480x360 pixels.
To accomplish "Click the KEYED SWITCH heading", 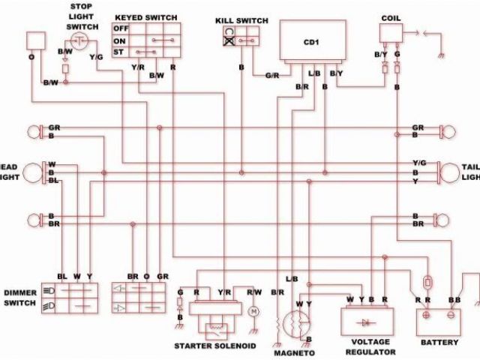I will click(145, 16).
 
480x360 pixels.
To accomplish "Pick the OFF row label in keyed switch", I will click(119, 28).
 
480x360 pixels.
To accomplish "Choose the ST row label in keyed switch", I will click(118, 52).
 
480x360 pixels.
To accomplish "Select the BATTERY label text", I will click(438, 342).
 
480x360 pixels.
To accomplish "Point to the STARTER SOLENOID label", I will click(216, 346).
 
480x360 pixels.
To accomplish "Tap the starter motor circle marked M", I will click(253, 310).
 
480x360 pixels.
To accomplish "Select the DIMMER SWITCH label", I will click(20, 298).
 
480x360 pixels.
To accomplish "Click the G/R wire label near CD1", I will click(273, 75).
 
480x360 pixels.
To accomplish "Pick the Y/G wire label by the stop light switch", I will click(97, 57).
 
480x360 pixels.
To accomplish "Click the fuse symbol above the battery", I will click(427, 284).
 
